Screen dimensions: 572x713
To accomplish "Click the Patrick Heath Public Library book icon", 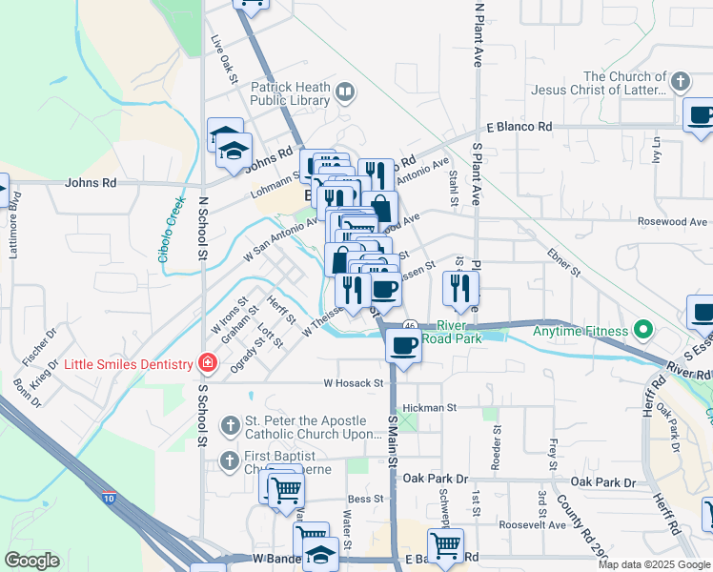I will click(x=344, y=92).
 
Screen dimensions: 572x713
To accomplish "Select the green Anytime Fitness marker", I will click(x=642, y=332).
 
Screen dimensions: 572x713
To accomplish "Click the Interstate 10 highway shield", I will click(x=108, y=496).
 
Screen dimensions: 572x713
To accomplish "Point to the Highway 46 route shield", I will click(x=408, y=324).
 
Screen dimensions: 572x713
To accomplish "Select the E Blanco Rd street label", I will click(x=519, y=127).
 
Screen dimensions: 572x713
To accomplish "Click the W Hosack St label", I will click(x=353, y=383).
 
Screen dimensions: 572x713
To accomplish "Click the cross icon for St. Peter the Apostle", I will click(x=229, y=424).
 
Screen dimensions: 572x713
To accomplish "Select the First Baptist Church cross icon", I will click(x=229, y=460).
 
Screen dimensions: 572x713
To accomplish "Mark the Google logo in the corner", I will click(x=32, y=561).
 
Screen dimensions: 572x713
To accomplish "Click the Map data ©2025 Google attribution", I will click(x=654, y=564).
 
